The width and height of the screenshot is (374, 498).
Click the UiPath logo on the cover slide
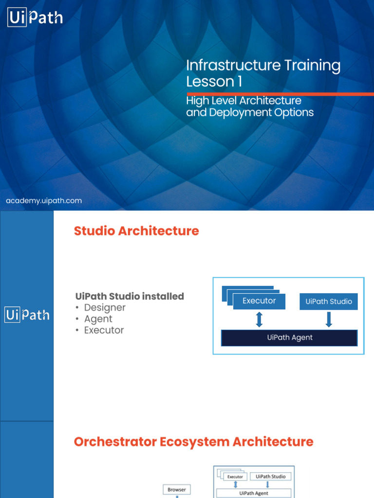tap(35, 18)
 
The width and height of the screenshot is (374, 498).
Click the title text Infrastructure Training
tap(263, 66)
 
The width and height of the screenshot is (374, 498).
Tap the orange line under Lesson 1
tap(280, 94)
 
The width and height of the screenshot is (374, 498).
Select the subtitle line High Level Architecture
tap(243, 101)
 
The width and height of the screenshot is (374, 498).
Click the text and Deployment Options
tap(250, 112)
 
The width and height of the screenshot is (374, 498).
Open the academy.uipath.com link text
tap(44, 200)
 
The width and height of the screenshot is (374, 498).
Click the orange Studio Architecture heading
tap(136, 231)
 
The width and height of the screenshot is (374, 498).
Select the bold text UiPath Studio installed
tap(130, 296)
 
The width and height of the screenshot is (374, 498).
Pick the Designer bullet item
tap(104, 307)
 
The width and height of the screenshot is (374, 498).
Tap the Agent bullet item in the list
tap(98, 319)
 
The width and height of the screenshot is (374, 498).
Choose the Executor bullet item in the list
tap(104, 330)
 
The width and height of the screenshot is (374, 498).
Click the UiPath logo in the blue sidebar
tap(27, 315)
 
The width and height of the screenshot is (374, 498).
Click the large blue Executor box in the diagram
tap(259, 301)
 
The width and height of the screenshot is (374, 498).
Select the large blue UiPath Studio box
tap(329, 302)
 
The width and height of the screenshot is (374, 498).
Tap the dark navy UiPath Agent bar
tap(289, 338)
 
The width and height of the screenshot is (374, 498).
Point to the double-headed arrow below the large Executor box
tap(259, 319)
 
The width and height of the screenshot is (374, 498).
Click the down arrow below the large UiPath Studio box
tap(329, 319)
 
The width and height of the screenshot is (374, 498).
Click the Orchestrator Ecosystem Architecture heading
tap(193, 442)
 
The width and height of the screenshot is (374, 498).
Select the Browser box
tap(176, 489)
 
